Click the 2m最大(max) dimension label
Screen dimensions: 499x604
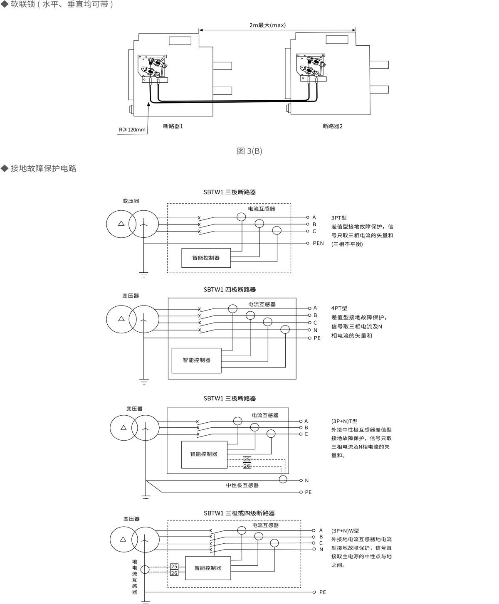pos(267,25)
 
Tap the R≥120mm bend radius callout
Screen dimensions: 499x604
pos(132,130)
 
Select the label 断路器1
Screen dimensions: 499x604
pos(173,126)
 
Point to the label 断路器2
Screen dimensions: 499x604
pos(333,126)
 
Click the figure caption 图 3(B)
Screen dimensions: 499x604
pos(249,151)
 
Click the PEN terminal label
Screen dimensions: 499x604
pos(318,243)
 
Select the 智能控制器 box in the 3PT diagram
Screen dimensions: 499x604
pos(206,258)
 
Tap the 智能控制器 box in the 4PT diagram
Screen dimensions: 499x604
pos(197,360)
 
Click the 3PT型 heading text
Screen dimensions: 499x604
pos(339,218)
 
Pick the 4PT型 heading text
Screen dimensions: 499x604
pos(339,308)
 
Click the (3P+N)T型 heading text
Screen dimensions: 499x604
pos(344,421)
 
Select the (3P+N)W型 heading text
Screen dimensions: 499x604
pos(345,531)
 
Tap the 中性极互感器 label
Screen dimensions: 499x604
pos(242,486)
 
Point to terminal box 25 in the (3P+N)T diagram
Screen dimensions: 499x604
pos(247,459)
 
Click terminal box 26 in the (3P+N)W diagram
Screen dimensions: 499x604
pos(174,573)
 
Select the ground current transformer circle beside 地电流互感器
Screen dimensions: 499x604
pos(145,569)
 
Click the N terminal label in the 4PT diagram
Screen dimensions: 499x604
pos(315,330)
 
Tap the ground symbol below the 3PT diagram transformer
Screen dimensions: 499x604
pos(143,274)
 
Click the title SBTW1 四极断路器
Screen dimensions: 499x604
pos(230,290)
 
